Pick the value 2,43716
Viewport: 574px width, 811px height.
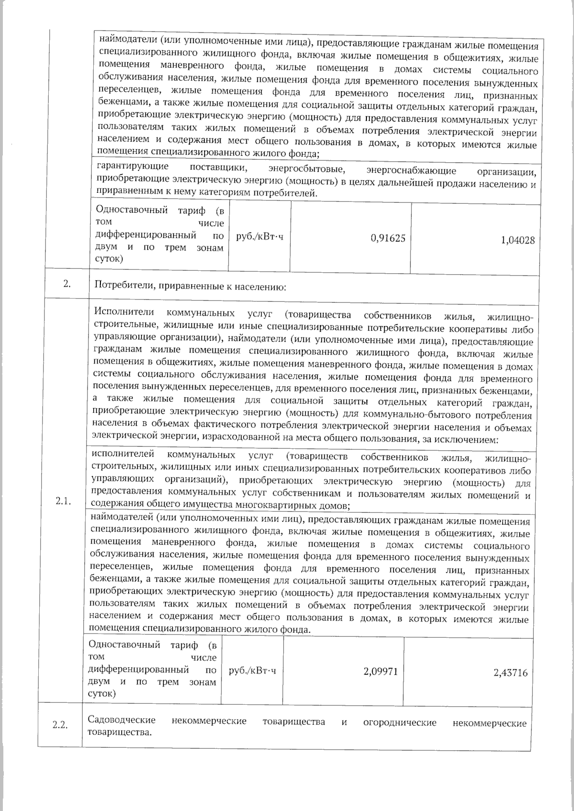point(510,673)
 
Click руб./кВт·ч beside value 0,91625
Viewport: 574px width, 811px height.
point(260,237)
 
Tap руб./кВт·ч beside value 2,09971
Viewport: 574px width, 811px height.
point(253,671)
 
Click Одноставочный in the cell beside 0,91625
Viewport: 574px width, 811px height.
point(132,210)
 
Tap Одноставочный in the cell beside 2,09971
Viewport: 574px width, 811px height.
point(124,644)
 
